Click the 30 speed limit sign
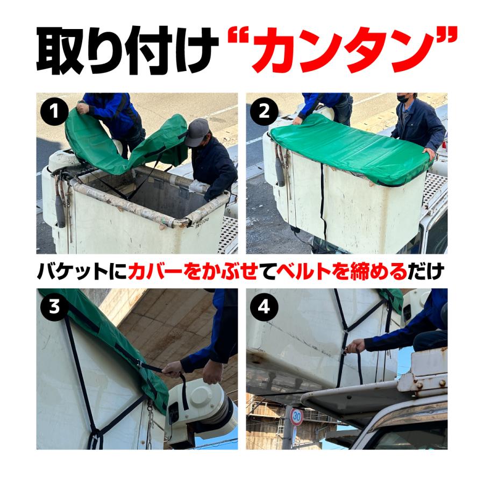[297, 416]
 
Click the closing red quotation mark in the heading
[444, 40]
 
